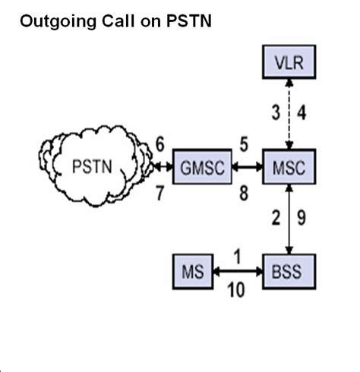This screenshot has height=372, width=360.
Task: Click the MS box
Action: coord(194,270)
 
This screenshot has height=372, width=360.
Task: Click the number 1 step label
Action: coord(238,257)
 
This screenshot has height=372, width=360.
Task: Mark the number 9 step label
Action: coord(301,219)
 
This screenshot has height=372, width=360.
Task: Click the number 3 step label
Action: coord(276,115)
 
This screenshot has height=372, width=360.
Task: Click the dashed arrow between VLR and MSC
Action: coord(289,114)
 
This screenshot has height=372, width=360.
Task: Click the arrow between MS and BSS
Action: coord(237,270)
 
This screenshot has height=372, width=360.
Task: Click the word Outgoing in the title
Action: coord(52,23)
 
